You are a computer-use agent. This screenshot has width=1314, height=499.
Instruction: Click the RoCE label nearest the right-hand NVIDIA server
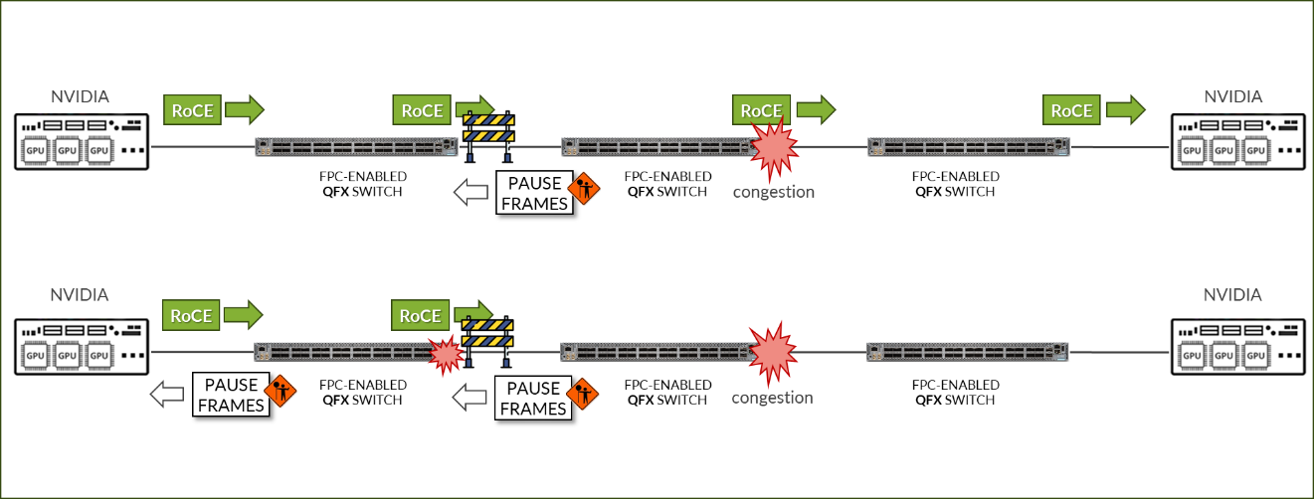coord(1072,110)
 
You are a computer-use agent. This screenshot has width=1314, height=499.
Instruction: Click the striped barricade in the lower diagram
coord(489,339)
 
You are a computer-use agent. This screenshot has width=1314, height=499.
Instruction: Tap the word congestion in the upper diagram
coord(773,192)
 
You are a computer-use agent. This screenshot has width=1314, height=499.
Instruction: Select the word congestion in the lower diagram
coord(773,398)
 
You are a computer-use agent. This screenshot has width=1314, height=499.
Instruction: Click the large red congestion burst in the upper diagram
coord(772,144)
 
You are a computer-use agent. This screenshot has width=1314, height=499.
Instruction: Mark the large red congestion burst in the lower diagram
coord(772,351)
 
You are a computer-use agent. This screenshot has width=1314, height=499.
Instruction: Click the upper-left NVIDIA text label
coord(80,96)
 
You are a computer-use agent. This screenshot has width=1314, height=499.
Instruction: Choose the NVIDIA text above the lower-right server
coord(1232,295)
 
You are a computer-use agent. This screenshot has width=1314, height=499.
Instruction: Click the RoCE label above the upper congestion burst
coord(760,109)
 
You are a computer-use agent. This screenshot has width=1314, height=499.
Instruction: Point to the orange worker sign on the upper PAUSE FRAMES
coord(584,189)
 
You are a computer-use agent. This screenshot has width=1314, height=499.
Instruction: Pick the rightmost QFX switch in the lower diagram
coord(967,351)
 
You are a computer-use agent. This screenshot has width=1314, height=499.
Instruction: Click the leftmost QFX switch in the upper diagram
coord(356,146)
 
